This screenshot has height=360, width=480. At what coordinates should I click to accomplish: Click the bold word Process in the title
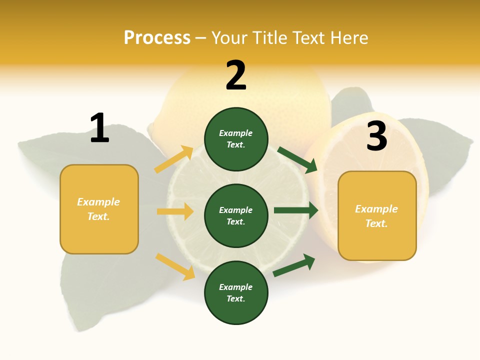point(157,37)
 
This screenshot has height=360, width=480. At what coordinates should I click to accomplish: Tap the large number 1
point(99,128)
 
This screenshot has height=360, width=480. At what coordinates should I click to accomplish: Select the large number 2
point(236,75)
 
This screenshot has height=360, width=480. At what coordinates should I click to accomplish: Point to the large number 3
point(376,136)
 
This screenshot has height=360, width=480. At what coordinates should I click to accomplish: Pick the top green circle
point(236,139)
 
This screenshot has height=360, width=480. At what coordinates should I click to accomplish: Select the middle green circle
point(236,215)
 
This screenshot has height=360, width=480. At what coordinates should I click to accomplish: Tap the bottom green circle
point(236,292)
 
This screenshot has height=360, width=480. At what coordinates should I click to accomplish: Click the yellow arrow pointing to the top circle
point(174,159)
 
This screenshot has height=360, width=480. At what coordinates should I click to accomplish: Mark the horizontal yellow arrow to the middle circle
point(175,211)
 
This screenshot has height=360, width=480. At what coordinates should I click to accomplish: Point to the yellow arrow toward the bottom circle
point(175,266)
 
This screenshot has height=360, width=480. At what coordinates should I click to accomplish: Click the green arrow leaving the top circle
point(297,159)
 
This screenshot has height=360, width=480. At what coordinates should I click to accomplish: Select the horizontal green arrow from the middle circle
point(295,210)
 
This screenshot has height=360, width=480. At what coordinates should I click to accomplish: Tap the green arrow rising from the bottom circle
point(294,265)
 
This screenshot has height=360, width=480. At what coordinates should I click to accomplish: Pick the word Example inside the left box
point(98,202)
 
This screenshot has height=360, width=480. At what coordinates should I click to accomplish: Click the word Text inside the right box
point(376,223)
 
